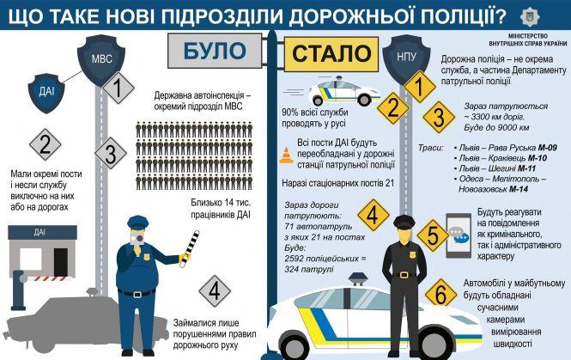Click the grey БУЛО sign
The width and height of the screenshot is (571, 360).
215,51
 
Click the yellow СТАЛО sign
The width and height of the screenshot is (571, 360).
331,54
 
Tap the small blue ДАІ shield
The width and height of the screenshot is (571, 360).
46,93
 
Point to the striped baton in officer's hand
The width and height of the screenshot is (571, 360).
190,248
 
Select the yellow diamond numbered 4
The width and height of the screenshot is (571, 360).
374,215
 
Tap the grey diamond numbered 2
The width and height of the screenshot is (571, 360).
46,144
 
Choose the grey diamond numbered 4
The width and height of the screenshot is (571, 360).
215,290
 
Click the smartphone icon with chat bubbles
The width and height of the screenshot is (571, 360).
459,235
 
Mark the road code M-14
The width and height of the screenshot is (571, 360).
519,189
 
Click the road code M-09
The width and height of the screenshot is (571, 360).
547,148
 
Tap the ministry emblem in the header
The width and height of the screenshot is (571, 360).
531,16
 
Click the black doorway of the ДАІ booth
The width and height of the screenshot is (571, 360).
61,261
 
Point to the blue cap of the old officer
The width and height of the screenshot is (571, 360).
137,223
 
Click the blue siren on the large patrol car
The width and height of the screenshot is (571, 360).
358,278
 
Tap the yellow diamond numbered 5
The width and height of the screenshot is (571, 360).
433,235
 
